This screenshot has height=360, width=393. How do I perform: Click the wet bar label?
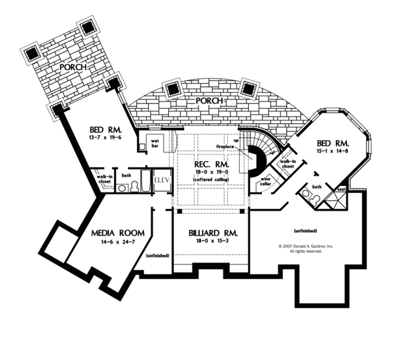[x=156, y=143]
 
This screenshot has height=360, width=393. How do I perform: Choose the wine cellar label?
[x=267, y=181]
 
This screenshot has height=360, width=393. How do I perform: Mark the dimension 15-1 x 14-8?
[x=334, y=151]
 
